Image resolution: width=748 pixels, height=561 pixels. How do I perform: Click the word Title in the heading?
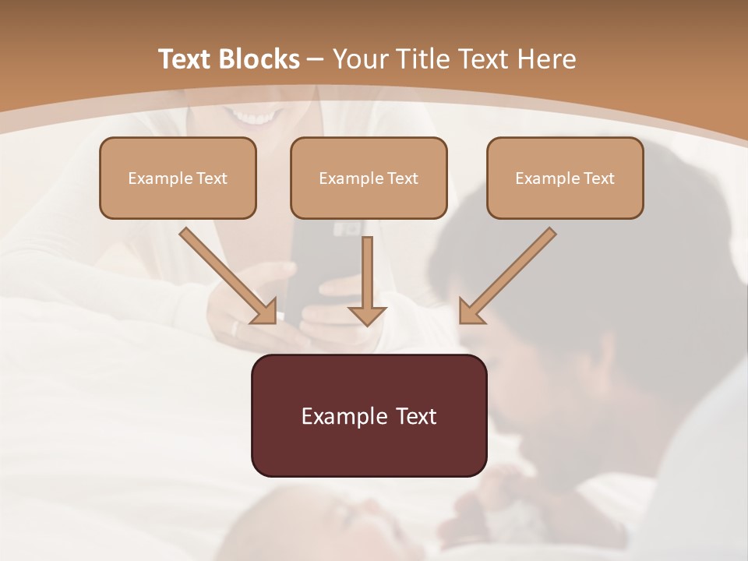click(x=422, y=59)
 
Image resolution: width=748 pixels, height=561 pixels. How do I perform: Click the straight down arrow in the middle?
click(x=367, y=273)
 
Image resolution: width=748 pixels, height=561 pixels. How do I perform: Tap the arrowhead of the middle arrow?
click(x=367, y=315)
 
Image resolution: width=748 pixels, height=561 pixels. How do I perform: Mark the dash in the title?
click(x=316, y=59)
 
